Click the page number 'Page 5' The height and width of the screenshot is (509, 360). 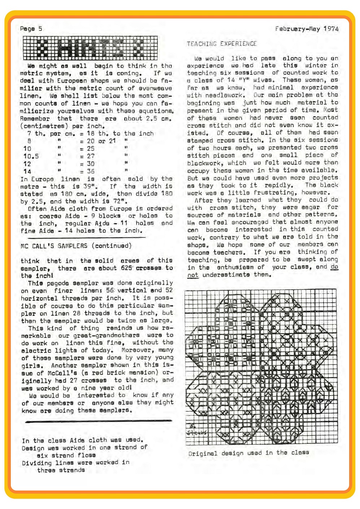coord(31,29)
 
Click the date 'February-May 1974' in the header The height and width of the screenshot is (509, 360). coord(307,29)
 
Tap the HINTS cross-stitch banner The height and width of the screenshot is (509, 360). coord(90,48)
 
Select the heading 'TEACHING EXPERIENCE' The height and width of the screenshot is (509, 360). coord(222,44)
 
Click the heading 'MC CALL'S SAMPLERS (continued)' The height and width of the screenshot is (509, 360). coord(76,246)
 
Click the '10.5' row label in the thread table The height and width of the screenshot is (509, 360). coord(31,156)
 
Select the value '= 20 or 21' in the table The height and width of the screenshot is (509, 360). coord(98,141)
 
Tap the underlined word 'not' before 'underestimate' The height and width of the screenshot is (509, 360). coord(193,275)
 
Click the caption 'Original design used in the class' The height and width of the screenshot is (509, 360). coord(248,453)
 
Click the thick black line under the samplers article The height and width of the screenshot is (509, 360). coord(98,421)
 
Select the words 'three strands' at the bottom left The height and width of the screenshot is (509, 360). coord(61,470)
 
